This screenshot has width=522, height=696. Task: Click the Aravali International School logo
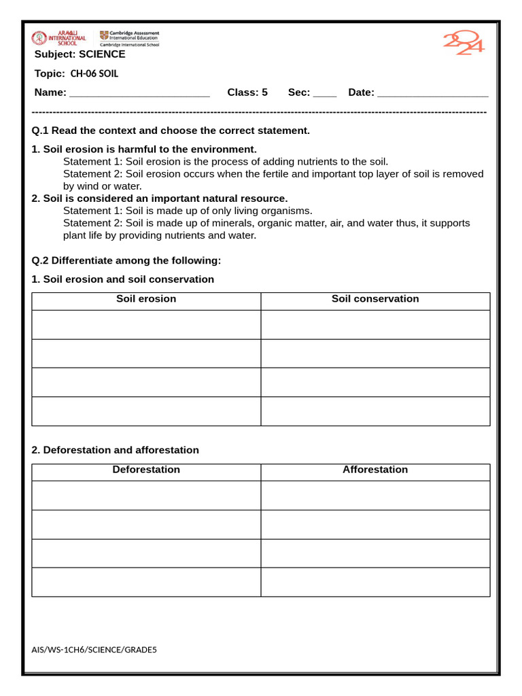click(x=59, y=38)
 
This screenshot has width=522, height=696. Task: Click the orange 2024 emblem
click(x=464, y=43)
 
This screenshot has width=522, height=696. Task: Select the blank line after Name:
click(x=139, y=93)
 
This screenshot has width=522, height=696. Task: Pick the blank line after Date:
click(x=432, y=93)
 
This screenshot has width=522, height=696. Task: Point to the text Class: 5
click(x=247, y=92)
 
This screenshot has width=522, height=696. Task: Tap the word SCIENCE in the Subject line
click(x=102, y=54)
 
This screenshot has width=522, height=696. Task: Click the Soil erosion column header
click(x=146, y=299)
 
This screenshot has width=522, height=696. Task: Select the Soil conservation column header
click(x=375, y=299)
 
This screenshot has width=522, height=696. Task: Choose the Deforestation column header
click(x=146, y=470)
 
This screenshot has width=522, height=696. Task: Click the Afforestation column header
click(x=375, y=470)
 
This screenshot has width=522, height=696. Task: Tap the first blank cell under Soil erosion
click(x=146, y=325)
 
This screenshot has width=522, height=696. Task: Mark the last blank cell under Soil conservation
click(x=375, y=411)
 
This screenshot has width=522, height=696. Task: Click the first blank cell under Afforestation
click(x=375, y=495)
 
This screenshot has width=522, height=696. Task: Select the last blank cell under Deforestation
click(x=146, y=582)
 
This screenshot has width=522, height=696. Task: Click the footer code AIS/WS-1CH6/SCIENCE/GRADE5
click(x=94, y=650)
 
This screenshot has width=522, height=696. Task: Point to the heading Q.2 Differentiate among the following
click(x=126, y=260)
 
